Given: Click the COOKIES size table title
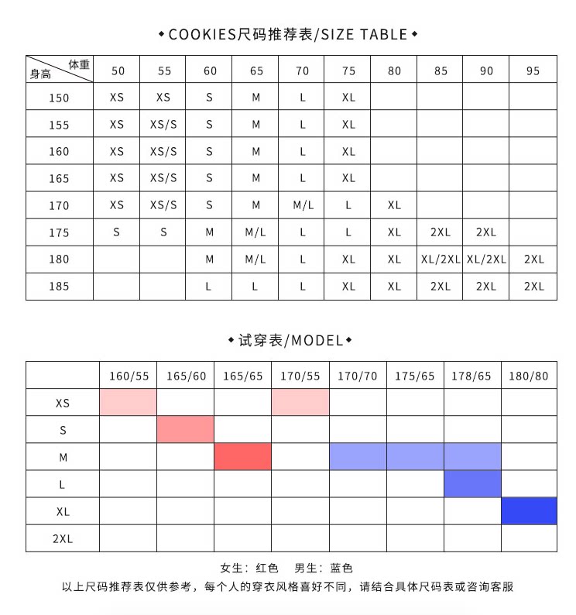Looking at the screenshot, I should pyautogui.click(x=288, y=34).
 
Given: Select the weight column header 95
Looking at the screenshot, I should pyautogui.click(x=533, y=70).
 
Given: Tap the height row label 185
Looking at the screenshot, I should pyautogui.click(x=59, y=287).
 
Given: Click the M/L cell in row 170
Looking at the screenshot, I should pyautogui.click(x=302, y=205).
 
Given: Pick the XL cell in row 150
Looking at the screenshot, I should pyautogui.click(x=348, y=98).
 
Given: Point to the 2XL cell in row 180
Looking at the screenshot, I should pyautogui.click(x=533, y=259).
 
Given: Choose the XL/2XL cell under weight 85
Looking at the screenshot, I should pyautogui.click(x=441, y=259).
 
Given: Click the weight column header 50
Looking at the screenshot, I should pyautogui.click(x=117, y=70).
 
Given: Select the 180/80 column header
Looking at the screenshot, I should pyautogui.click(x=529, y=376).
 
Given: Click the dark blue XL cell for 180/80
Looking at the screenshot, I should pyautogui.click(x=529, y=511).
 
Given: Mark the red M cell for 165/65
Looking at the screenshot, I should pyautogui.click(x=242, y=457).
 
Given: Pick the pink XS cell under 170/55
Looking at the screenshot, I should pyautogui.click(x=300, y=403).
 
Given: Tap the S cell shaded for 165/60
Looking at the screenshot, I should pyautogui.click(x=185, y=430).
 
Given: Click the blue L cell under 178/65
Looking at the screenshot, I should pyautogui.click(x=471, y=484).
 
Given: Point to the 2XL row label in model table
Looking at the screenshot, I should pyautogui.click(x=63, y=538).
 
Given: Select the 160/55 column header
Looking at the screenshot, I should pyautogui.click(x=129, y=376).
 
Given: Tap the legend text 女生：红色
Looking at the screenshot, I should pyautogui.click(x=245, y=568).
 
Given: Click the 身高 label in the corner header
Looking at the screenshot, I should pyautogui.click(x=40, y=75).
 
